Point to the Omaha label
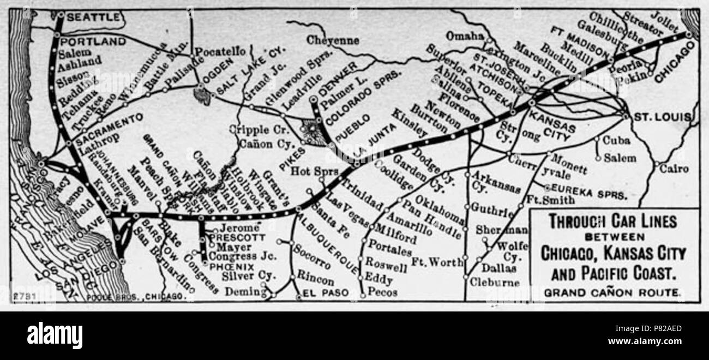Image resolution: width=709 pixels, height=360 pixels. click(465, 36)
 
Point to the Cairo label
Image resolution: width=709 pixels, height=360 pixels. click(674, 169)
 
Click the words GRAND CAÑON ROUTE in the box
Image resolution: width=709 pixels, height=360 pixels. click(612, 293)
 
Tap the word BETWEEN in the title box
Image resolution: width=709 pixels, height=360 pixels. click(612, 237)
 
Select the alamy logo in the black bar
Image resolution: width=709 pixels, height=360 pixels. click(55, 334)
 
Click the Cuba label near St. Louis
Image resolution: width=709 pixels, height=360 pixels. click(616, 140)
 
